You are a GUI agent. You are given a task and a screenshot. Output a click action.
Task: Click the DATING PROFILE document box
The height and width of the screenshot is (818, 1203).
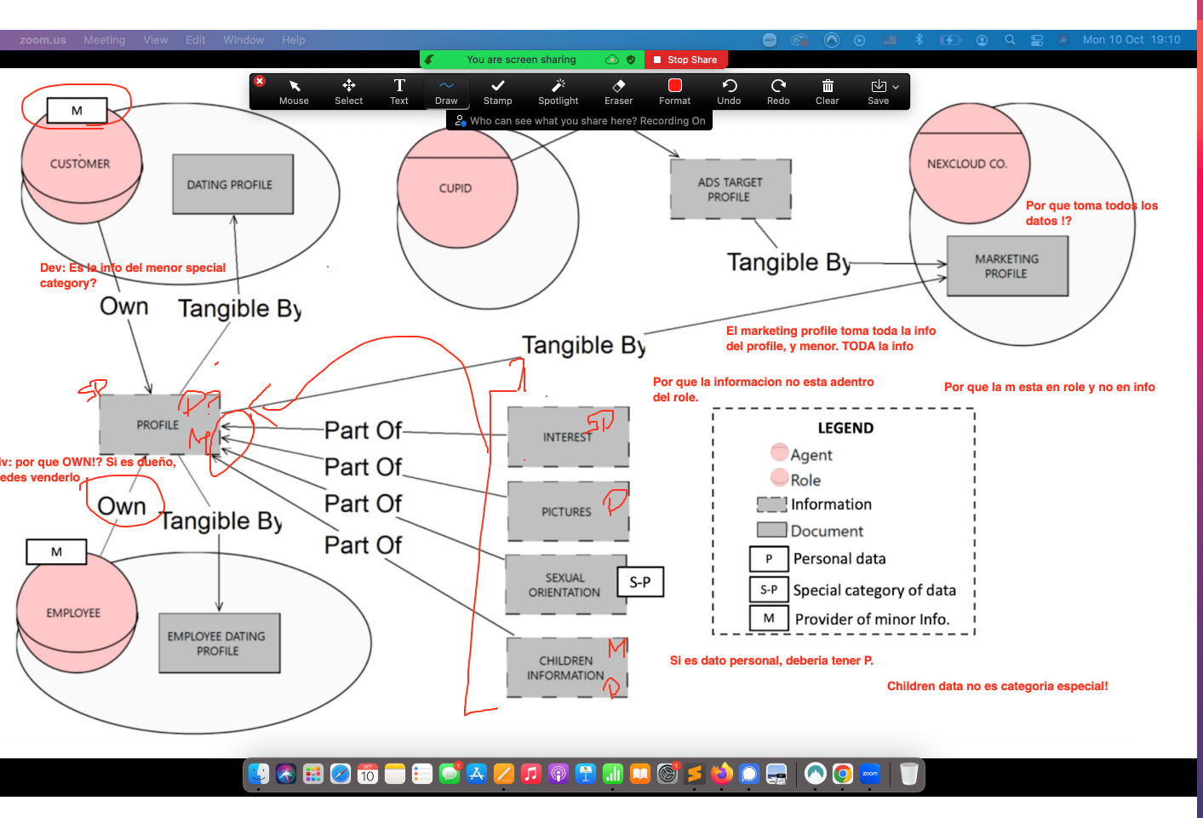[x=232, y=184]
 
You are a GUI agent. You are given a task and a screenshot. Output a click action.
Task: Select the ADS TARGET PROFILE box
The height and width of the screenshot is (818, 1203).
[x=730, y=189]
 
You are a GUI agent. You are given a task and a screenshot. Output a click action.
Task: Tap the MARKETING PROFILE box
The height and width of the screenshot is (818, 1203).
[x=1006, y=266]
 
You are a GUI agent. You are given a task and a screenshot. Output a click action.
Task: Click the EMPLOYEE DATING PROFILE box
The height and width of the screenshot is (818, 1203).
[x=218, y=643]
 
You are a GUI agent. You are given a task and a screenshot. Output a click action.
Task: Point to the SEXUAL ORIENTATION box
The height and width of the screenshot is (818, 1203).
[x=564, y=585]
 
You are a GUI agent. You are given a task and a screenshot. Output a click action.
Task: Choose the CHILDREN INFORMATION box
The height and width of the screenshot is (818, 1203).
[x=565, y=668]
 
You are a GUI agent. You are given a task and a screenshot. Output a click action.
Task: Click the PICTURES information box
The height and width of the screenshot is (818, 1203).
[x=567, y=511]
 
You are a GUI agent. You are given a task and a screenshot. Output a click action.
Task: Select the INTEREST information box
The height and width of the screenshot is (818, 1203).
[x=567, y=436]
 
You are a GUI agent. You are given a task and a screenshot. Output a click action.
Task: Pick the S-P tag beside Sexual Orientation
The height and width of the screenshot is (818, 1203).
[x=640, y=582]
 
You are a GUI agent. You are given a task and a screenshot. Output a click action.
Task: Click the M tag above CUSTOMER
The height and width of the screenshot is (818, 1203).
[x=77, y=110]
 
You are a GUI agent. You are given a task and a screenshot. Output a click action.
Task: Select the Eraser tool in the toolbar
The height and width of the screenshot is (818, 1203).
[x=618, y=91]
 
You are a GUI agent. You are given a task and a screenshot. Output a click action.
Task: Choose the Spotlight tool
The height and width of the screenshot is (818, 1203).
[x=558, y=91]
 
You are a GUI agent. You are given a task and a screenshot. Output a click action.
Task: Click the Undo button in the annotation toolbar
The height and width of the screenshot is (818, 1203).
[x=729, y=91]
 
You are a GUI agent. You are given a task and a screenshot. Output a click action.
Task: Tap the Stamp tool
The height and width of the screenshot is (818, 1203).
[x=497, y=91]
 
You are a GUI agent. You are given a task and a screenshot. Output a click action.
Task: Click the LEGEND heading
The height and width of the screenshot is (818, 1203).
[x=845, y=428]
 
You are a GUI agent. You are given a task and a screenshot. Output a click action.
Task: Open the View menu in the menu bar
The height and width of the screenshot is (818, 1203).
[x=155, y=40]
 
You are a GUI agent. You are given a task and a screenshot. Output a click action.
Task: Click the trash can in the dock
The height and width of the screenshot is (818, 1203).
[x=908, y=774]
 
